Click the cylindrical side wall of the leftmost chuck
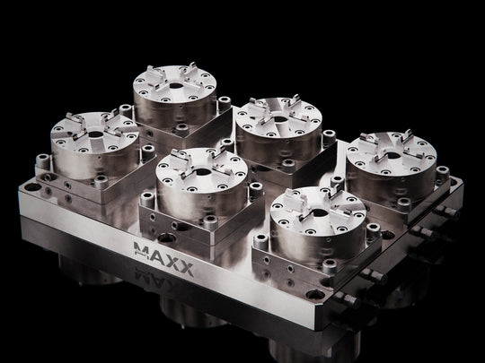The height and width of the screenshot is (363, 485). (x=81, y=161)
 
